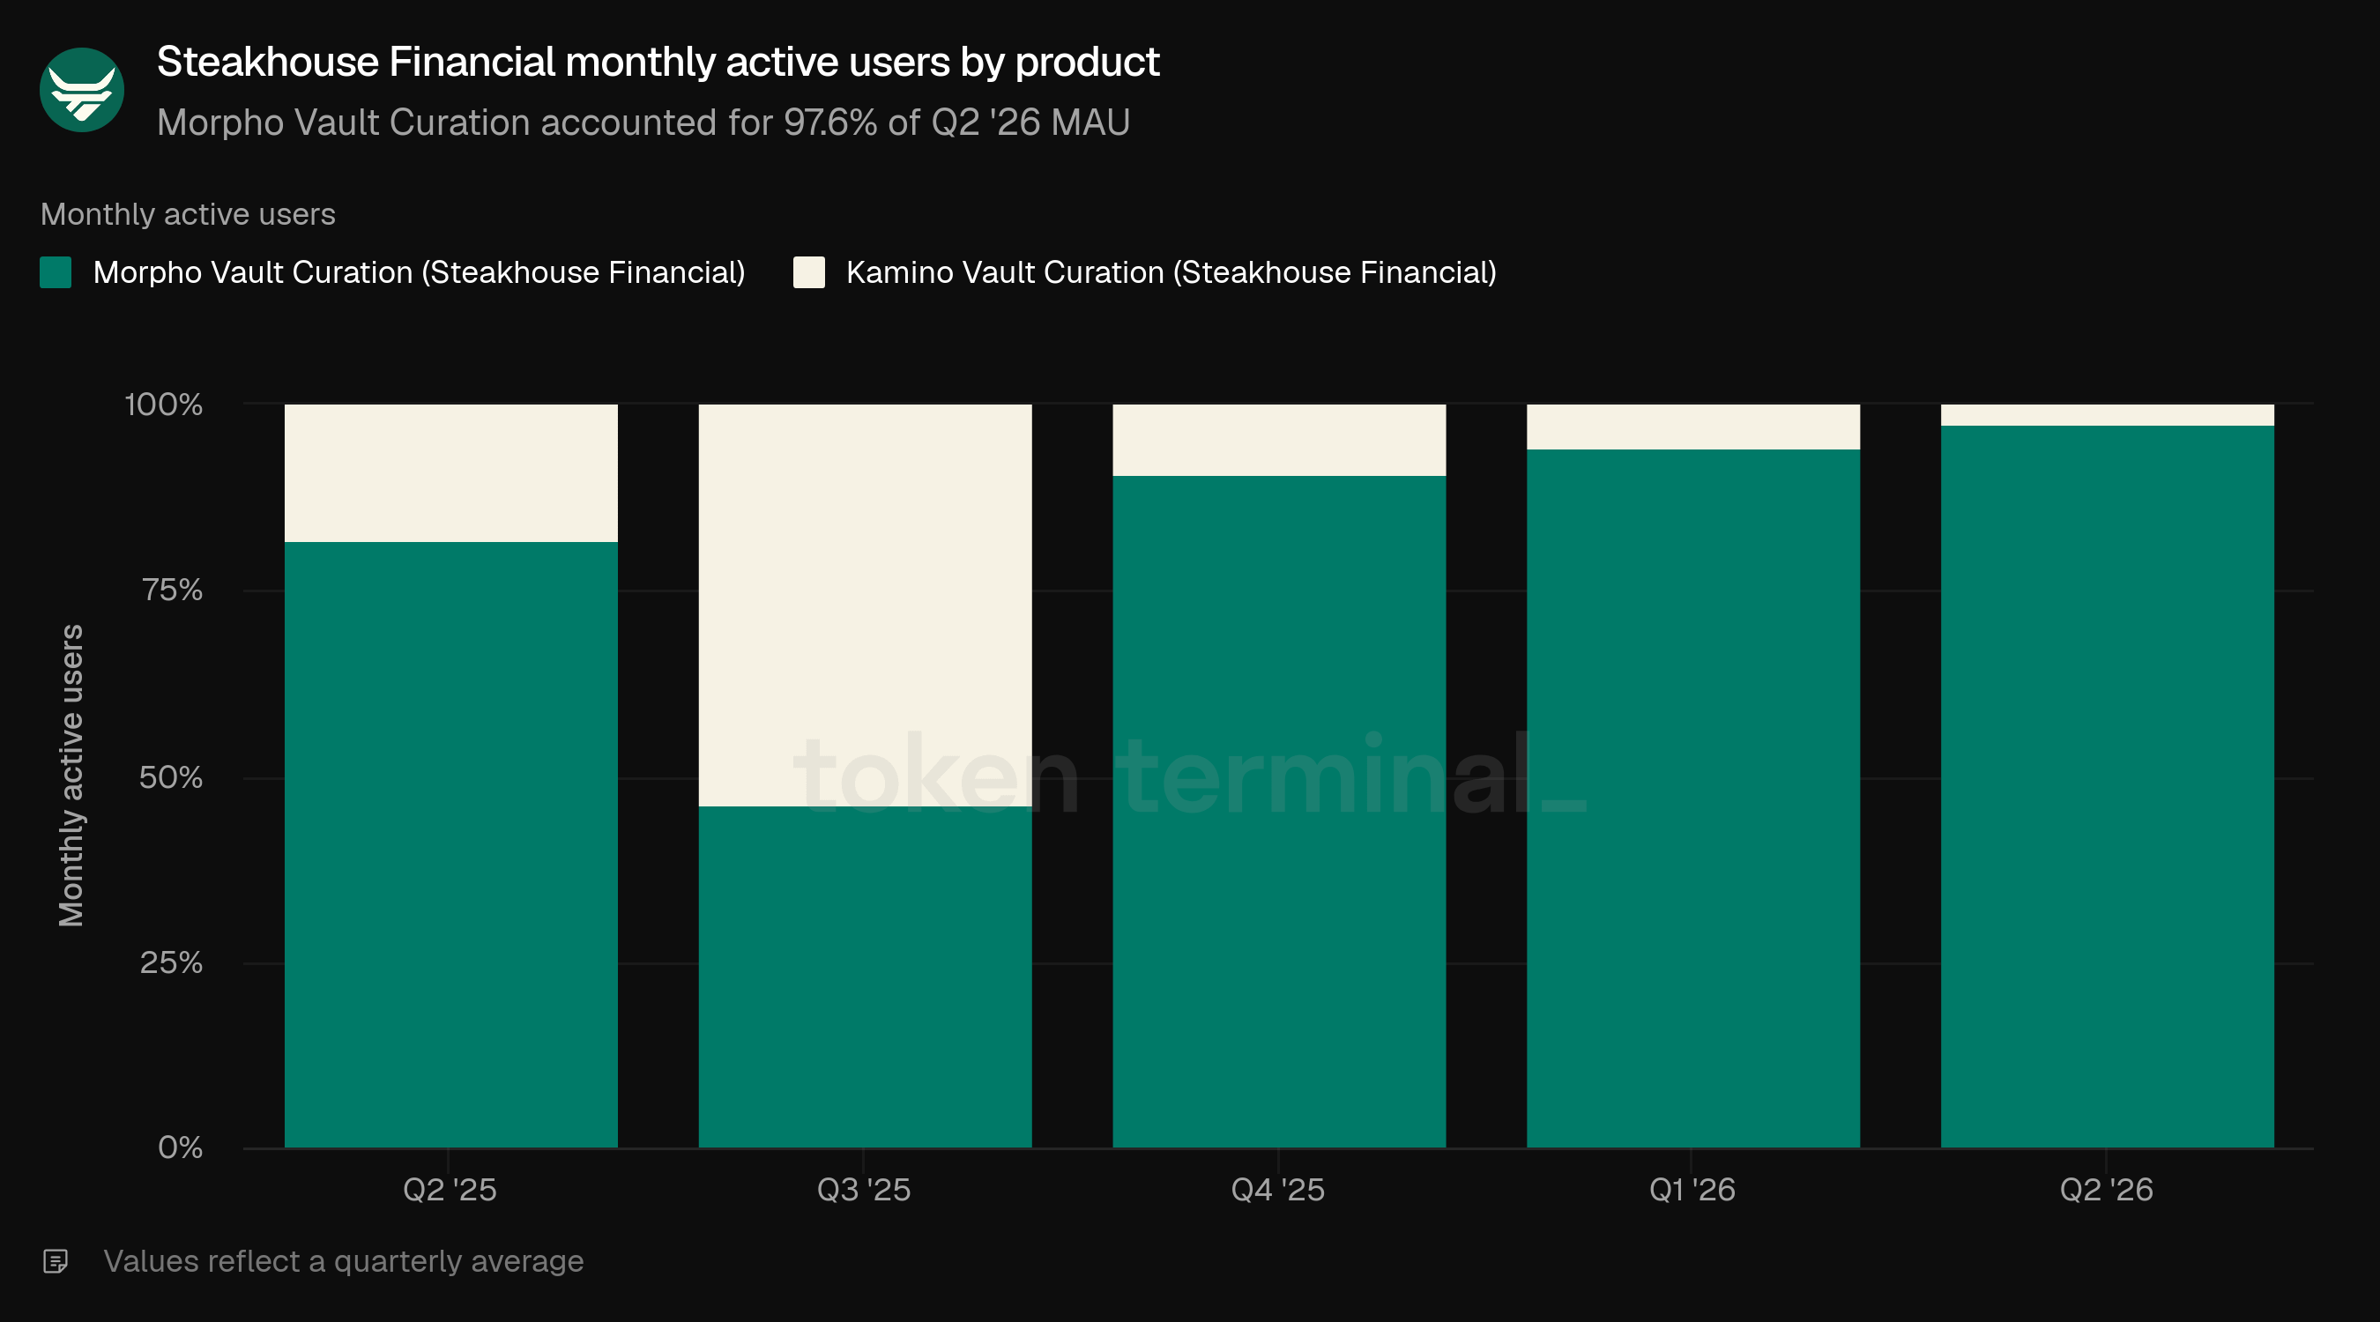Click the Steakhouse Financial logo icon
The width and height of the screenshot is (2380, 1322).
82,90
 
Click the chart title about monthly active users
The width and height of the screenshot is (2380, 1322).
658,62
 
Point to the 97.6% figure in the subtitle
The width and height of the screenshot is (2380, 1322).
829,122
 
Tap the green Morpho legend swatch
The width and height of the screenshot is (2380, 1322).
56,272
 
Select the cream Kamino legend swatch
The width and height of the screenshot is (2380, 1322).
809,272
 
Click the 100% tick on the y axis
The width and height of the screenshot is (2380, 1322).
164,405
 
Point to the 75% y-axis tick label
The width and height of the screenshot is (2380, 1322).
172,590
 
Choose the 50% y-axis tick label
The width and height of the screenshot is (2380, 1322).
171,777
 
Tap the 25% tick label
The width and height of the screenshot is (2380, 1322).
171,962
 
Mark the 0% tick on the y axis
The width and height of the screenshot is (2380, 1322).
180,1147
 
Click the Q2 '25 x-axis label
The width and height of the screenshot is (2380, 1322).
450,1190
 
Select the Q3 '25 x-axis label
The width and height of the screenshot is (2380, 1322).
864,1190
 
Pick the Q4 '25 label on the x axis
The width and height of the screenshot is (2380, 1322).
1278,1190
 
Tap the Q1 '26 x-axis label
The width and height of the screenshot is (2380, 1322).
1692,1190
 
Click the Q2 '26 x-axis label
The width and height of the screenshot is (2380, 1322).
2107,1190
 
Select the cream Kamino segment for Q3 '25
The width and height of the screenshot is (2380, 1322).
865,605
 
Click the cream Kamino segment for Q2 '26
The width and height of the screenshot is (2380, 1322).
2108,415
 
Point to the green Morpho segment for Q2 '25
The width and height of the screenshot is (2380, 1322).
450,844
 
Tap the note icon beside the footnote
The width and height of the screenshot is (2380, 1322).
56,1261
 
